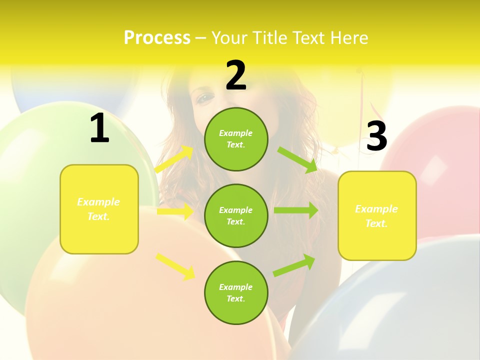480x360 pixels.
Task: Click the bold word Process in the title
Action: pyautogui.click(x=157, y=38)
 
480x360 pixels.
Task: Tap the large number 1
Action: pyautogui.click(x=99, y=128)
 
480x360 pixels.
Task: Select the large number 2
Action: pyautogui.click(x=236, y=75)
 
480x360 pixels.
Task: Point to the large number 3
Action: pyautogui.click(x=376, y=136)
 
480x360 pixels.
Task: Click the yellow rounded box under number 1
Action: pyautogui.click(x=99, y=209)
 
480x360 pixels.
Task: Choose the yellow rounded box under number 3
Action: pyautogui.click(x=377, y=215)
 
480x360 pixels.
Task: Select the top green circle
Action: pyautogui.click(x=236, y=139)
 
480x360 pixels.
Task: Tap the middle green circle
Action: pyautogui.click(x=236, y=215)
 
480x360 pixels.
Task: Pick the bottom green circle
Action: pyautogui.click(x=236, y=292)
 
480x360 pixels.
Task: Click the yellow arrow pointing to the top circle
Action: pyautogui.click(x=174, y=159)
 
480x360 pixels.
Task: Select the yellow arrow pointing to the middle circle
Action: pyautogui.click(x=175, y=211)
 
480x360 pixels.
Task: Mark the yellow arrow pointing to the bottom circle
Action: pyautogui.click(x=175, y=266)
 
